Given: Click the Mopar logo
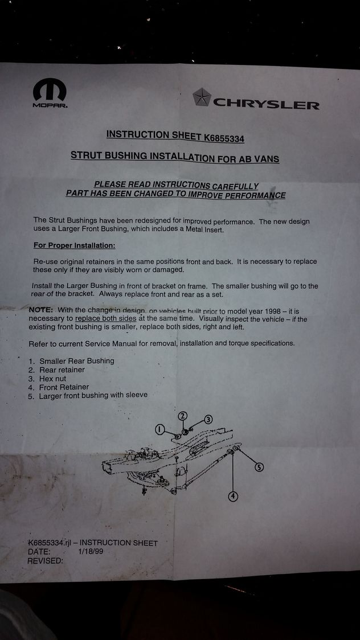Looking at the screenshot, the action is (x=50, y=93).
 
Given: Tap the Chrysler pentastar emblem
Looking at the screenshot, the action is (x=202, y=97).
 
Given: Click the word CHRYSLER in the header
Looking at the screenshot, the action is (x=266, y=104).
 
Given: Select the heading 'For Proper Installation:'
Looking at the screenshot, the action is (x=74, y=246).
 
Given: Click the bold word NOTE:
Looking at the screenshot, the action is (x=40, y=309).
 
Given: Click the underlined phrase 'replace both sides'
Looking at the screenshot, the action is (x=106, y=319).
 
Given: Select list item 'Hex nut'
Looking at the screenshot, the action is (x=52, y=379).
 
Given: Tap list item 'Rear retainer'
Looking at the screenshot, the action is (x=62, y=370).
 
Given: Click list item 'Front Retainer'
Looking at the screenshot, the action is (x=64, y=387).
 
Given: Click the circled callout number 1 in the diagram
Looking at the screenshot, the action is (x=160, y=429).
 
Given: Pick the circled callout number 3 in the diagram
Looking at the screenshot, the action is (x=208, y=420).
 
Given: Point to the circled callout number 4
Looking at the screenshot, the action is (x=233, y=497).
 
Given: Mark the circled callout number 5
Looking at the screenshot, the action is (x=259, y=467).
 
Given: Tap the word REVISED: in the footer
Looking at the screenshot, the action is (x=46, y=561).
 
